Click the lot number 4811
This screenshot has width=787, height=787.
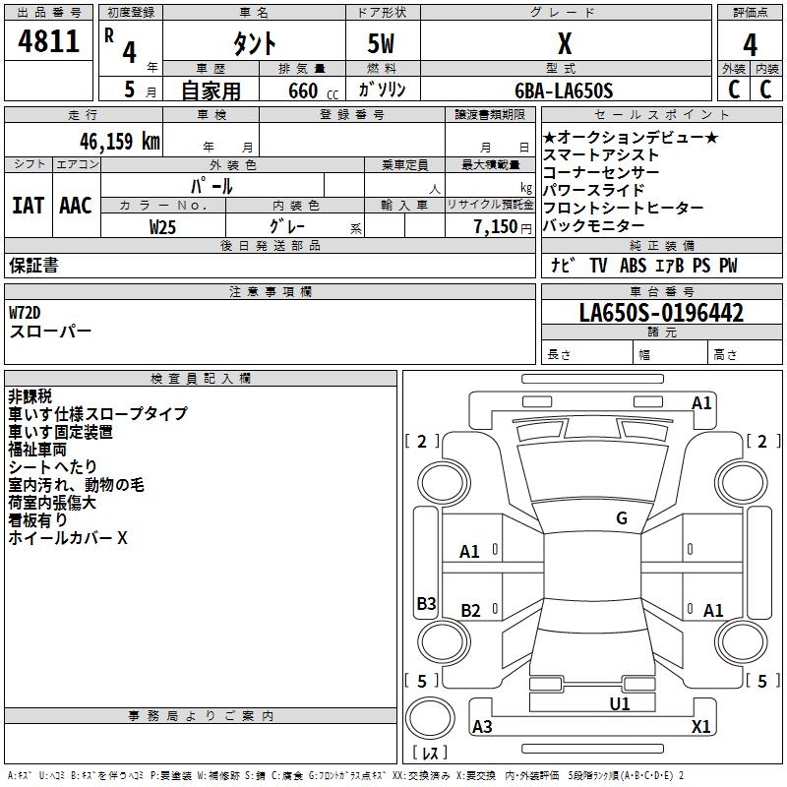click(x=49, y=42)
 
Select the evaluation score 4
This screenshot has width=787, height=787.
click(x=750, y=45)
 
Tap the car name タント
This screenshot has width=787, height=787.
click(x=254, y=44)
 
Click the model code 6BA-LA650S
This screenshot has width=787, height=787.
click(x=564, y=91)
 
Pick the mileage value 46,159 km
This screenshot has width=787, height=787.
click(x=112, y=141)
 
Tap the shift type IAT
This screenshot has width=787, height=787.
click(x=28, y=206)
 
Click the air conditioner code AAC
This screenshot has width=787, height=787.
click(x=76, y=206)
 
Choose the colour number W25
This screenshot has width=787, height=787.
click(x=163, y=226)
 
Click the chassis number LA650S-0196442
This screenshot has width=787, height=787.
click(x=661, y=314)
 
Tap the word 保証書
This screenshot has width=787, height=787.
click(x=33, y=266)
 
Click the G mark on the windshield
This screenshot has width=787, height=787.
click(x=621, y=518)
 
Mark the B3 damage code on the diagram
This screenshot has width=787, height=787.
click(x=426, y=604)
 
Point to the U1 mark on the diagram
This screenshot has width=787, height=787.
click(x=619, y=703)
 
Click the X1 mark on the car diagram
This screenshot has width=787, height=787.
click(x=700, y=727)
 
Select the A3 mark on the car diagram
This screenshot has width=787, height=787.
click(x=482, y=727)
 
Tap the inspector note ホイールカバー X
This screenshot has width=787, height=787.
click(x=68, y=538)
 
